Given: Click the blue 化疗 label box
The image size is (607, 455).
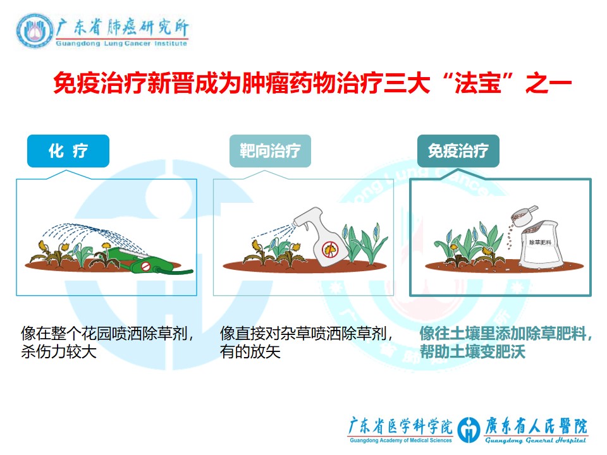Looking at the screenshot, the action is pos(68,151).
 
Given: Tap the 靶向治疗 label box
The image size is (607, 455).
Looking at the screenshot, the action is pos(270,151).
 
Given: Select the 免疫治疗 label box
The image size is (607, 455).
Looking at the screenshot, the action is pos(458,151).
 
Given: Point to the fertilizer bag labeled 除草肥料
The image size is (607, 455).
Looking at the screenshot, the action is pos(541,244).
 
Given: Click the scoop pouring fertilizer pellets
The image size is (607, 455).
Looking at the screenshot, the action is pos(524,215).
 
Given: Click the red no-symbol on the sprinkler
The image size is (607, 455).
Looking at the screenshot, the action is pos(145,267).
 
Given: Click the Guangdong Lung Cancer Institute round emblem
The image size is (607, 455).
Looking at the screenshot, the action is pos(34,31).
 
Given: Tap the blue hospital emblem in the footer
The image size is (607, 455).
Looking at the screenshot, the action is pos(469,430).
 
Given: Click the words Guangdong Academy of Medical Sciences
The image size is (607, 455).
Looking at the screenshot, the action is pos(401,440).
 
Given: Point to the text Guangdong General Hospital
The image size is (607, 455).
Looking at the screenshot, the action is pos(536,440).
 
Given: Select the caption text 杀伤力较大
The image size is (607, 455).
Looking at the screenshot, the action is pos(59,352).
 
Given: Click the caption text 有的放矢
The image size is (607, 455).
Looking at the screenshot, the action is pos(250,352).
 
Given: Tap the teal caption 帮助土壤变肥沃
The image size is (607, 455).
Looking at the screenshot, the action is pos(473,352).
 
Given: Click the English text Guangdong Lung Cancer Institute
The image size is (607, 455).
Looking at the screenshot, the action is pos(121,44).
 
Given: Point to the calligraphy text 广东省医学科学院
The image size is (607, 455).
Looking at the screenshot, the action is pos(400,427).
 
